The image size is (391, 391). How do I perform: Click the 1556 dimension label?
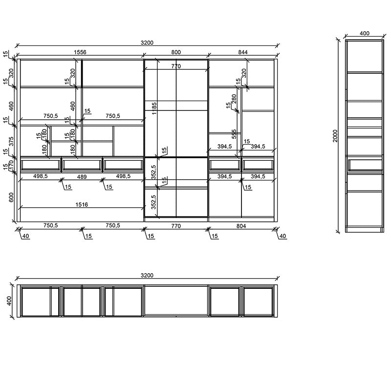pos(81,51)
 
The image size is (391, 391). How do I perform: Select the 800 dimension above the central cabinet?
pos(176,51)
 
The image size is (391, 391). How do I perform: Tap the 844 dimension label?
pos(243,51)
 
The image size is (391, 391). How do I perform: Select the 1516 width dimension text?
pos(81,205)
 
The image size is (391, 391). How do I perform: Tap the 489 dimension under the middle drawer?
pos(81,176)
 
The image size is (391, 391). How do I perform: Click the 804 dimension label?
pos(241,225)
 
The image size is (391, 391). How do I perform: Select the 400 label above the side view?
pos(365,33)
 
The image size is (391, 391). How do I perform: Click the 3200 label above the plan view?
pos(147,276)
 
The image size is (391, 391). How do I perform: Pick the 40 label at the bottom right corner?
pos(282,236)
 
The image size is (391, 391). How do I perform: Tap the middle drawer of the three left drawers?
pos(81,164)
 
